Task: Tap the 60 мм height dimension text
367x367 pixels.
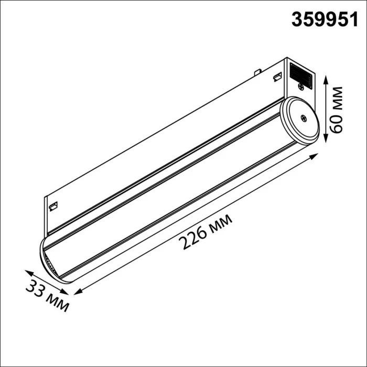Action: (337, 110)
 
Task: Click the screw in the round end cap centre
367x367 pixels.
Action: (303, 118)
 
